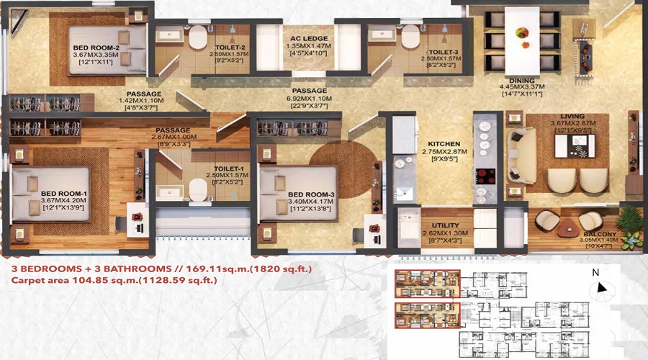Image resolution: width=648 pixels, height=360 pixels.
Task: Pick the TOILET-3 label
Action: [x=444, y=52]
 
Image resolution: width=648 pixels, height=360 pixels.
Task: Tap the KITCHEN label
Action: [x=443, y=144]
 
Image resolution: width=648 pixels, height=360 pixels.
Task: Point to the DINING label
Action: [x=521, y=81]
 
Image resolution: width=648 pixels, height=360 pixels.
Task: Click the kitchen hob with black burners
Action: [x=484, y=176]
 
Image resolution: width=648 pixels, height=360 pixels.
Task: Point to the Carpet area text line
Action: [x=114, y=281]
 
